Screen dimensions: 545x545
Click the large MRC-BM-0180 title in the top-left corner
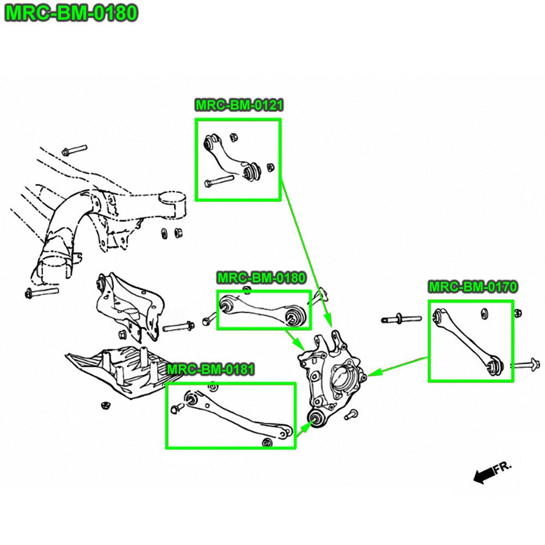tap(71, 13)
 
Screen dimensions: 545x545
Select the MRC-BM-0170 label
tap(473, 287)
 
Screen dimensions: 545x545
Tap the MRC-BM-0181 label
tap(210, 370)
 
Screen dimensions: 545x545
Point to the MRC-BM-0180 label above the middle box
tap(261, 278)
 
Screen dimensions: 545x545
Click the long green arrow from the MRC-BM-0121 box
tap(305, 251)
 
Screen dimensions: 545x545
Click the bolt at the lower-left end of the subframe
tap(41, 293)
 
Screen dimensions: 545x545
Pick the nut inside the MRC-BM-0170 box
tap(484, 313)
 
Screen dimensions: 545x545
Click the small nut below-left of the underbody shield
tap(106, 405)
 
